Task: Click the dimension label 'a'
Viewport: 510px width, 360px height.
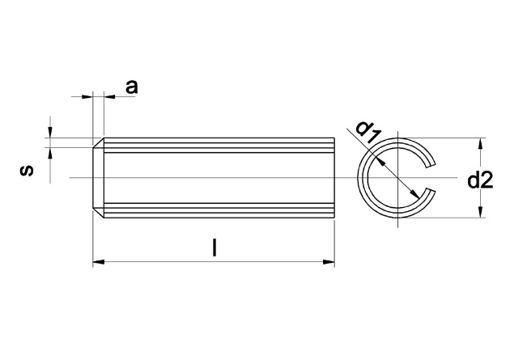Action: click(x=131, y=87)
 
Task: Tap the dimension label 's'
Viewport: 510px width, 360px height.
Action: click(x=27, y=170)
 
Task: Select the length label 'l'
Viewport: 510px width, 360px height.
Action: click(x=214, y=248)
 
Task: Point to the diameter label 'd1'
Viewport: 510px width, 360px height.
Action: click(x=368, y=132)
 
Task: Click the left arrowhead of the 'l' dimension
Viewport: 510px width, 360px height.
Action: click(x=99, y=261)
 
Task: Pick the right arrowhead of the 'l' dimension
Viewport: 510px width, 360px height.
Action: click(x=329, y=261)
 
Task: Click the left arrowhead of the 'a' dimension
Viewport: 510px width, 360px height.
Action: click(x=87, y=96)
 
